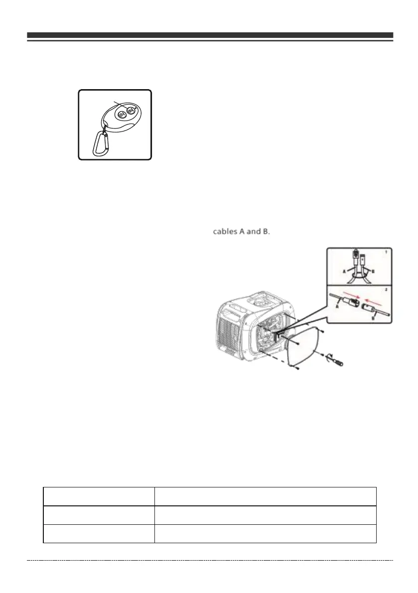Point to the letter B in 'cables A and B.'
point(265,233)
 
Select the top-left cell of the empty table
point(99,496)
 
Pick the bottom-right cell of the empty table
point(265,533)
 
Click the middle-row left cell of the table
point(99,515)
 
